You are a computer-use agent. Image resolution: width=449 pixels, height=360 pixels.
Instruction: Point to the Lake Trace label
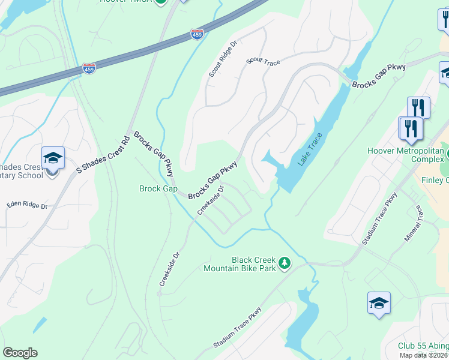tap(310, 149)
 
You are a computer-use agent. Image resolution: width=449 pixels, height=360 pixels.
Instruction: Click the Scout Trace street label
tap(264, 61)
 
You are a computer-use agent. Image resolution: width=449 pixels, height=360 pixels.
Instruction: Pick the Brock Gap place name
tap(158, 189)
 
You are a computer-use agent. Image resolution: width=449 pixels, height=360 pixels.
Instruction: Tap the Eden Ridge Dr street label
tap(27, 205)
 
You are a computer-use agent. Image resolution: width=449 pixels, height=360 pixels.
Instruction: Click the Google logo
tap(20, 353)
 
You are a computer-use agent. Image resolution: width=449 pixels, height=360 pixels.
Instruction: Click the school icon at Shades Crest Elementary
tap(52, 158)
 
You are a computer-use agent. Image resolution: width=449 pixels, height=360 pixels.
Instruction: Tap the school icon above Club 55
tap(379, 304)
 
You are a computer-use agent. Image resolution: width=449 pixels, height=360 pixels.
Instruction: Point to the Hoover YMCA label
tap(126, 2)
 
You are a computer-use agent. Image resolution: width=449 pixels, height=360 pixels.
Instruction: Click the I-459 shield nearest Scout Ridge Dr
tap(197, 35)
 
